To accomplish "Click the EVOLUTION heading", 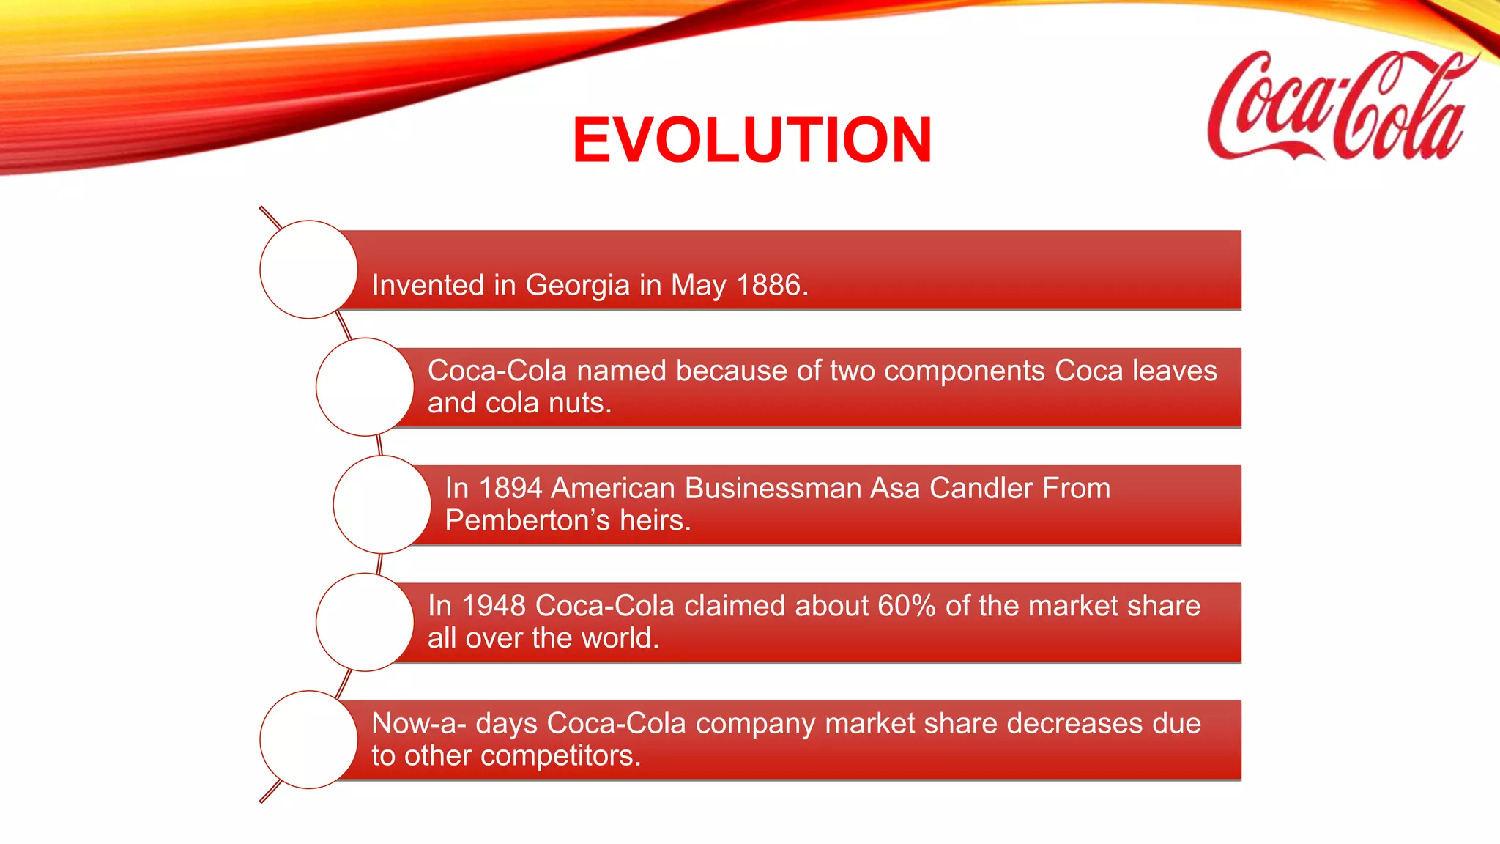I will click(x=751, y=140).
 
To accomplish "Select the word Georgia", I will click(x=577, y=285).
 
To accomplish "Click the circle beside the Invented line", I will click(x=308, y=270).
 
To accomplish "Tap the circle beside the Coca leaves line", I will click(x=365, y=387).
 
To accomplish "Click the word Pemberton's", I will click(x=527, y=521).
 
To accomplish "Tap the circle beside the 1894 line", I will click(x=382, y=505).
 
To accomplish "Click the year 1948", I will click(x=493, y=607).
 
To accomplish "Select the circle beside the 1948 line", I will click(x=365, y=622).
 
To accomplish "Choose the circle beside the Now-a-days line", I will click(x=308, y=739).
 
